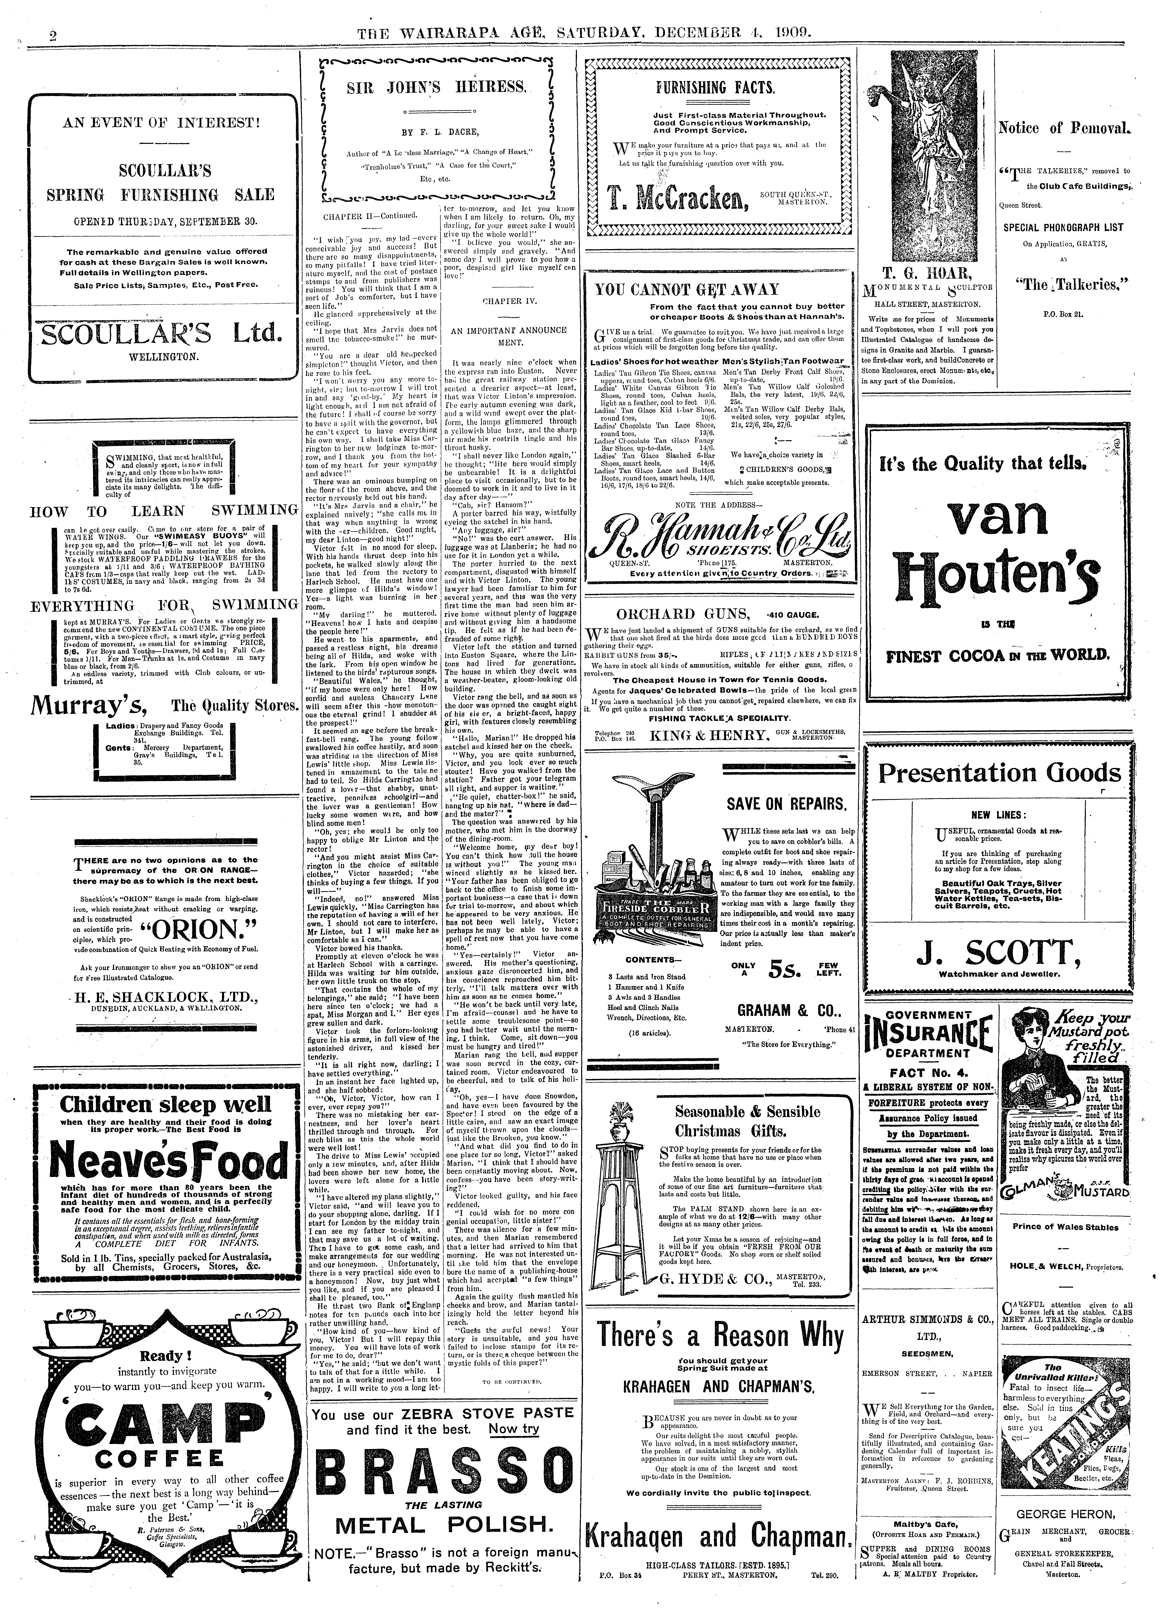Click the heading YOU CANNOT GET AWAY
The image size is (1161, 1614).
click(x=687, y=290)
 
